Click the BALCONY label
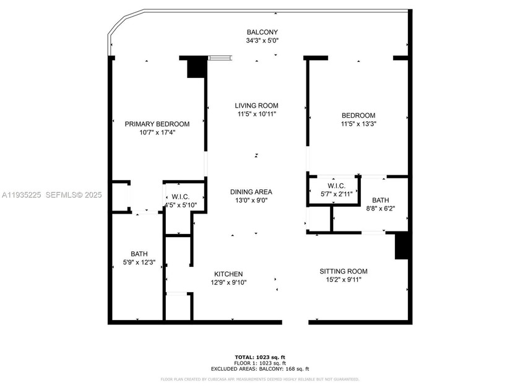pos(262,32)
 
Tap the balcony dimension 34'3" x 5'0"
pos(262,41)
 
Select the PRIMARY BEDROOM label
pos(157,124)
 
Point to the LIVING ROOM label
pos(256,105)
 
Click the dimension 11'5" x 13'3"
pos(358,124)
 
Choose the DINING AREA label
pos(251,192)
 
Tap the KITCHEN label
pos(228,274)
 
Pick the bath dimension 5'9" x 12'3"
pos(139,263)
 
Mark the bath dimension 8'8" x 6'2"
pos(381,209)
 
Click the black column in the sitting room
pos(402,246)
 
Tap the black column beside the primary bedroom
pos(196,67)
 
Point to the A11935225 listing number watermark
pos(21,194)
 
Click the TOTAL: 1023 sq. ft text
pos(260,357)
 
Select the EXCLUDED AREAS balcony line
pos(260,368)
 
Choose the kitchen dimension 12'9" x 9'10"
pos(228,283)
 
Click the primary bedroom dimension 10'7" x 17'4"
pos(157,132)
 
